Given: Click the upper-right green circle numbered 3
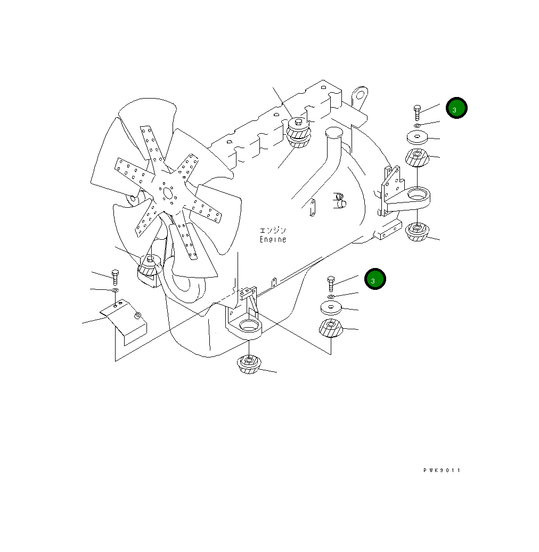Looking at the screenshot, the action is coord(456,108).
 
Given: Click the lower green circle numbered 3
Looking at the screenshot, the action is coord(375,279).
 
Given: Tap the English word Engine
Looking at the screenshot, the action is coord(273,239).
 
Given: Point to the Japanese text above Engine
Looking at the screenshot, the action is coord(273,230).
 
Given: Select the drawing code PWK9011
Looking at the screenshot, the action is coord(442,470).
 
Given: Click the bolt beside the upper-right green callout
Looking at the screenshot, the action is coord(417,112).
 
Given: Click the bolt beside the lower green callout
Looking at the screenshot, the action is coord(331,284).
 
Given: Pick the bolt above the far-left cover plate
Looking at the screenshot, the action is coord(115,278).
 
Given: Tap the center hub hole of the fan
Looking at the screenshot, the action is coord(167,193).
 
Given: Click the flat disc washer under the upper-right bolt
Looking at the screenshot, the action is coord(417,137).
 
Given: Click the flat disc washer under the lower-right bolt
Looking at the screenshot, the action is coord(331,308).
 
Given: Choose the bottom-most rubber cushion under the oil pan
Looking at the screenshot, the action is coord(249,364).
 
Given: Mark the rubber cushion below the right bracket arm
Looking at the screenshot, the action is coord(417,232).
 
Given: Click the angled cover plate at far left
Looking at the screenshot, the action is coord(124,322).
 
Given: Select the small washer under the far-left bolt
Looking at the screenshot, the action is coord(115,290).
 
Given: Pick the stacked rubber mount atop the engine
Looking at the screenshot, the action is coord(299,132).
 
